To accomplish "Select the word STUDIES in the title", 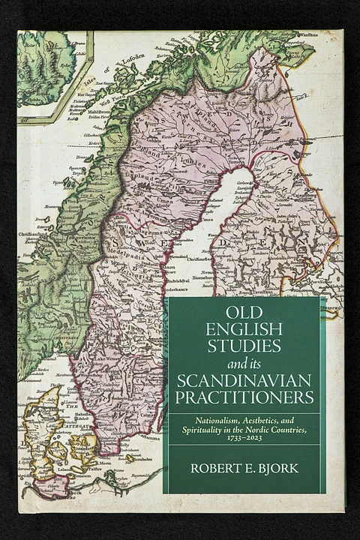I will coord(244,346).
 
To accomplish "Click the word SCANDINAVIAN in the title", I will coord(244,379).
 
